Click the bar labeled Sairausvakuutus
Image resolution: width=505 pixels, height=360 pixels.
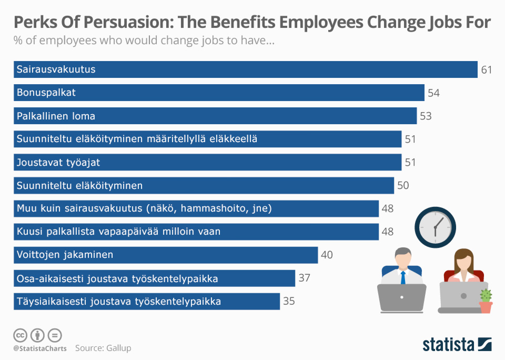click(x=245, y=69)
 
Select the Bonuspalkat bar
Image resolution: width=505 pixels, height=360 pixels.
click(x=219, y=93)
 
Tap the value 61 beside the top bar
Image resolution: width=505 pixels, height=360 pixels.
click(x=487, y=69)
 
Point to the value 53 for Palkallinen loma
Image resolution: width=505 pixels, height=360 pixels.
click(x=425, y=116)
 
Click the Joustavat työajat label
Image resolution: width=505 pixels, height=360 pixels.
click(x=58, y=163)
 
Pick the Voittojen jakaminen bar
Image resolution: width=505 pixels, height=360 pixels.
click(x=166, y=255)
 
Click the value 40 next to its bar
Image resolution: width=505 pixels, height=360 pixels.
click(x=327, y=255)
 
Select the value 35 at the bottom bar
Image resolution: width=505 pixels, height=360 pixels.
click(x=289, y=302)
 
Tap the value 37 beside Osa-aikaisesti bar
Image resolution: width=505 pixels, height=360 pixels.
click(x=304, y=278)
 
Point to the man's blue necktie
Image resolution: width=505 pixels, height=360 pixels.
click(x=402, y=277)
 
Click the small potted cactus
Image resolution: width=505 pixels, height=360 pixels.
click(x=486, y=302)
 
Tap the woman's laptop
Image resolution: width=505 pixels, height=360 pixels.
click(x=459, y=297)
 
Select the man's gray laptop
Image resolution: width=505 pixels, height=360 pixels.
click(x=401, y=298)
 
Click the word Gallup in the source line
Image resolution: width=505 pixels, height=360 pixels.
click(x=118, y=348)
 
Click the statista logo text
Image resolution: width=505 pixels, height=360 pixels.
click(x=448, y=345)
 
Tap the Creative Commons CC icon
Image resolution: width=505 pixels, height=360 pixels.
click(x=21, y=335)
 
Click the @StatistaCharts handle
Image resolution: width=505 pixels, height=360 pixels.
click(x=40, y=348)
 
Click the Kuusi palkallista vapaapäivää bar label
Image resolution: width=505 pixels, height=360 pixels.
click(x=118, y=232)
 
